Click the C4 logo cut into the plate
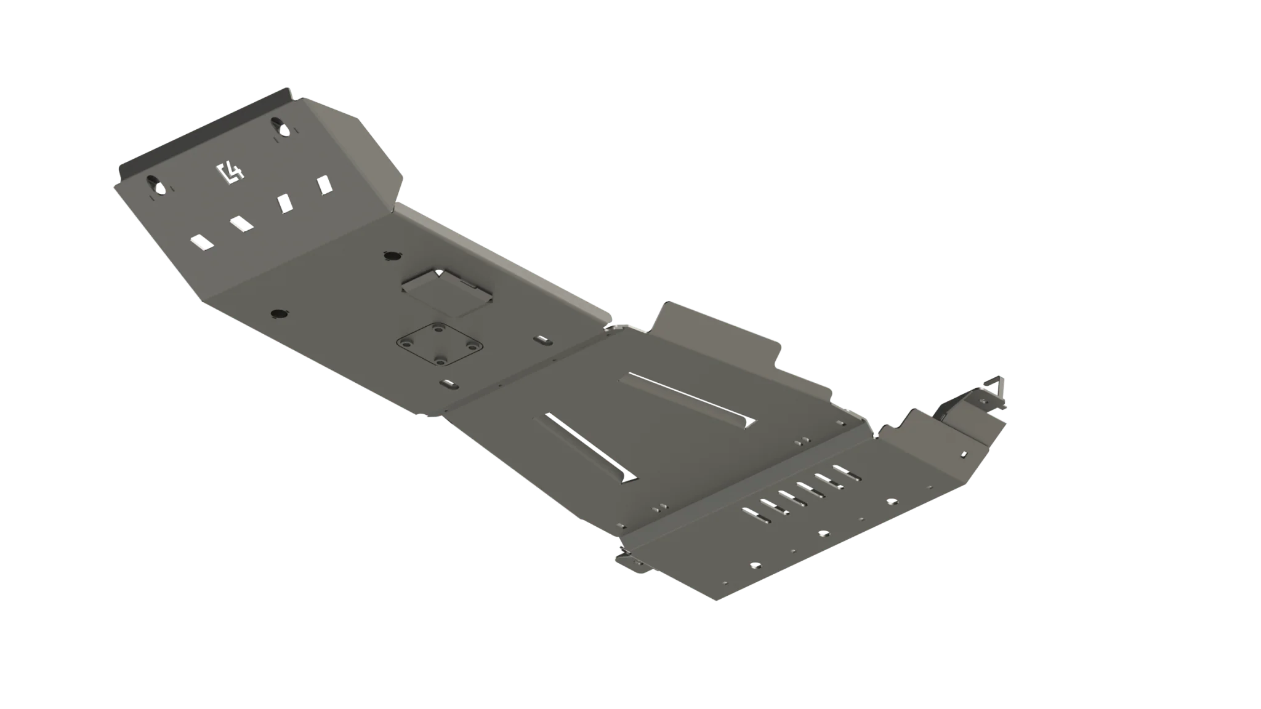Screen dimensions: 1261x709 point(230,174)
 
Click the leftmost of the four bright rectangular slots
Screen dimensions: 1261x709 point(202,242)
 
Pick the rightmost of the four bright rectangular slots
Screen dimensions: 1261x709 point(324,185)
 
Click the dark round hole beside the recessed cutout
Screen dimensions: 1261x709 point(391,255)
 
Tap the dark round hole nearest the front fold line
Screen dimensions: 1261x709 point(279,314)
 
